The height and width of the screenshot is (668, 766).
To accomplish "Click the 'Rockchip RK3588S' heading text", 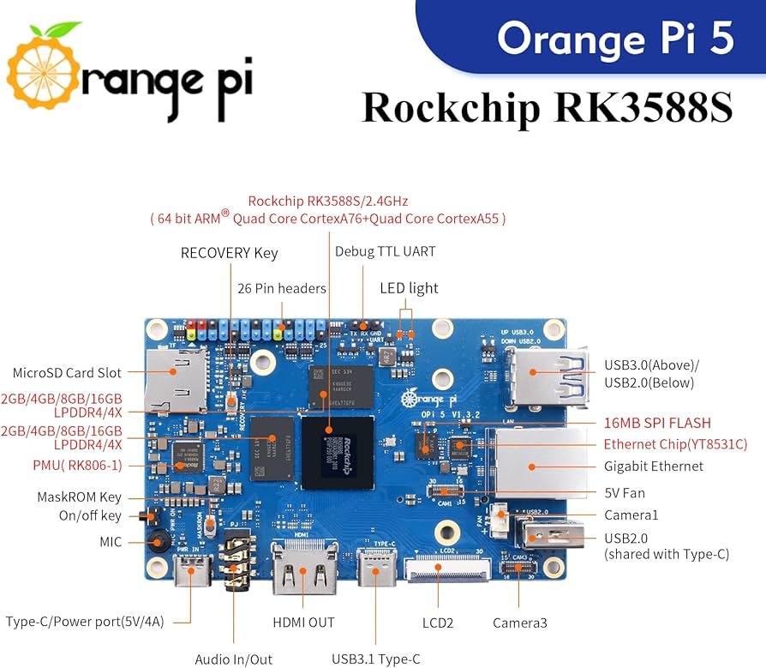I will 547,109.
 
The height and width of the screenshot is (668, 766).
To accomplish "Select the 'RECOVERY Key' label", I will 229,253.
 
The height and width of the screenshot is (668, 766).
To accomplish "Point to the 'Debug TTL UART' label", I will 385,251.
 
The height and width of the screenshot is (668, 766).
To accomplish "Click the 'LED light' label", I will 409,288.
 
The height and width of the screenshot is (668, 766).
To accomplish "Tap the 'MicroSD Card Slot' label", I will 67,373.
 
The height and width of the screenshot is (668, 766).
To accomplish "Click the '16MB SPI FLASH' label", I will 657,423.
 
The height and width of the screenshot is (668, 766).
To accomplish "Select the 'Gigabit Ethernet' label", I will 654,466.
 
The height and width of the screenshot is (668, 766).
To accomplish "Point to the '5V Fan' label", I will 623,493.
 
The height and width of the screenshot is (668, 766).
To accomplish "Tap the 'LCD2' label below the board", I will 437,622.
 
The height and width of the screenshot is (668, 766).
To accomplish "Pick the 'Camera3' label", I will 519,623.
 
